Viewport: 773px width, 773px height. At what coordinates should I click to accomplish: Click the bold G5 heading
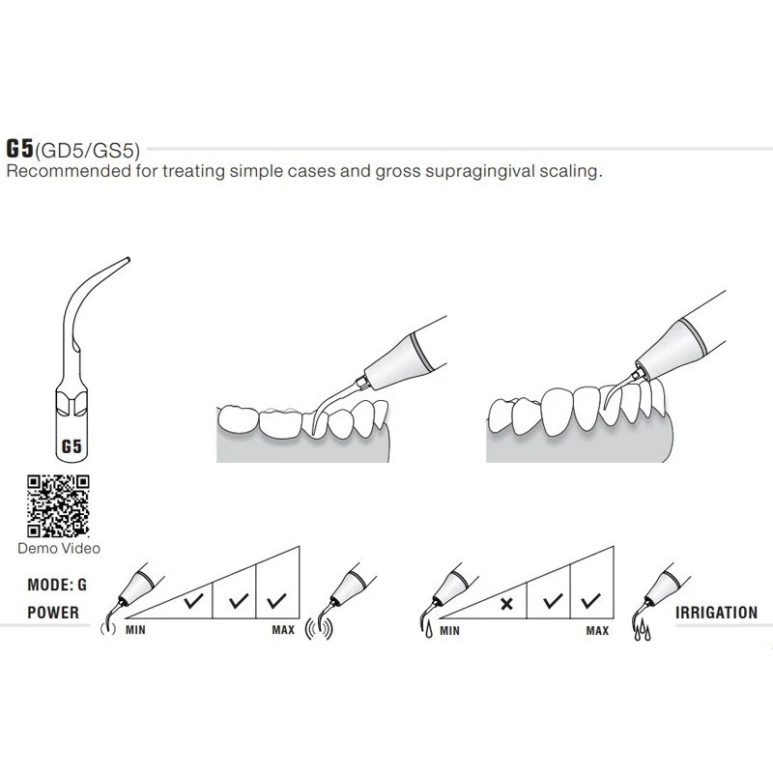(19, 149)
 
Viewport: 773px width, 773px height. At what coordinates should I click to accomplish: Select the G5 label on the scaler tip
(72, 446)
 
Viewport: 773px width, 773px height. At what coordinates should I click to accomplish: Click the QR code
(58, 505)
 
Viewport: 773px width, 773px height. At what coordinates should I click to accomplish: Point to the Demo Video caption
(59, 548)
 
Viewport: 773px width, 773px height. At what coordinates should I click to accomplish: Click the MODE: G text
(57, 585)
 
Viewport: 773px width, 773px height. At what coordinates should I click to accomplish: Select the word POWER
(53, 613)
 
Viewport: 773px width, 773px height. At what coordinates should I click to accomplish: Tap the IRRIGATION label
(716, 613)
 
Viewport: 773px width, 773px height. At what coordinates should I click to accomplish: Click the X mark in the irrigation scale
(506, 603)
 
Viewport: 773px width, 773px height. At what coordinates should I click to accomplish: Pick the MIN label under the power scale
(135, 630)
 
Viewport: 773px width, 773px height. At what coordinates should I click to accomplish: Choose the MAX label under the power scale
(283, 630)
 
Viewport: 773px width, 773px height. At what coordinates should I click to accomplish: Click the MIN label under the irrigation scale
(449, 631)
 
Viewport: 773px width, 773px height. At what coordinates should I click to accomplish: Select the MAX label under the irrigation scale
(597, 631)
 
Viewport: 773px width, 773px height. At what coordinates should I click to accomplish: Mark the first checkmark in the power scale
(193, 600)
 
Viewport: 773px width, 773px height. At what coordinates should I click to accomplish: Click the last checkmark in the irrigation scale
(590, 600)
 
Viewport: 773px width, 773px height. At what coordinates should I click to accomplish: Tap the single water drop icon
(428, 631)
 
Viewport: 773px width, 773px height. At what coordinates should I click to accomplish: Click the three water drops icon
(642, 632)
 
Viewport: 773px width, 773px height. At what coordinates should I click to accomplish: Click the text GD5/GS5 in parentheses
(88, 151)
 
